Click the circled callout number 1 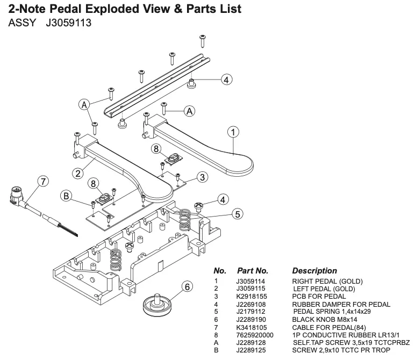coord(233,131)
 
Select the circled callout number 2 coord(78,173)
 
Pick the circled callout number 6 coord(187,287)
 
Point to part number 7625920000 coord(255,335)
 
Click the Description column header coord(314,271)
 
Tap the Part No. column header coord(253,271)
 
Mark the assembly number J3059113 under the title coord(62,24)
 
